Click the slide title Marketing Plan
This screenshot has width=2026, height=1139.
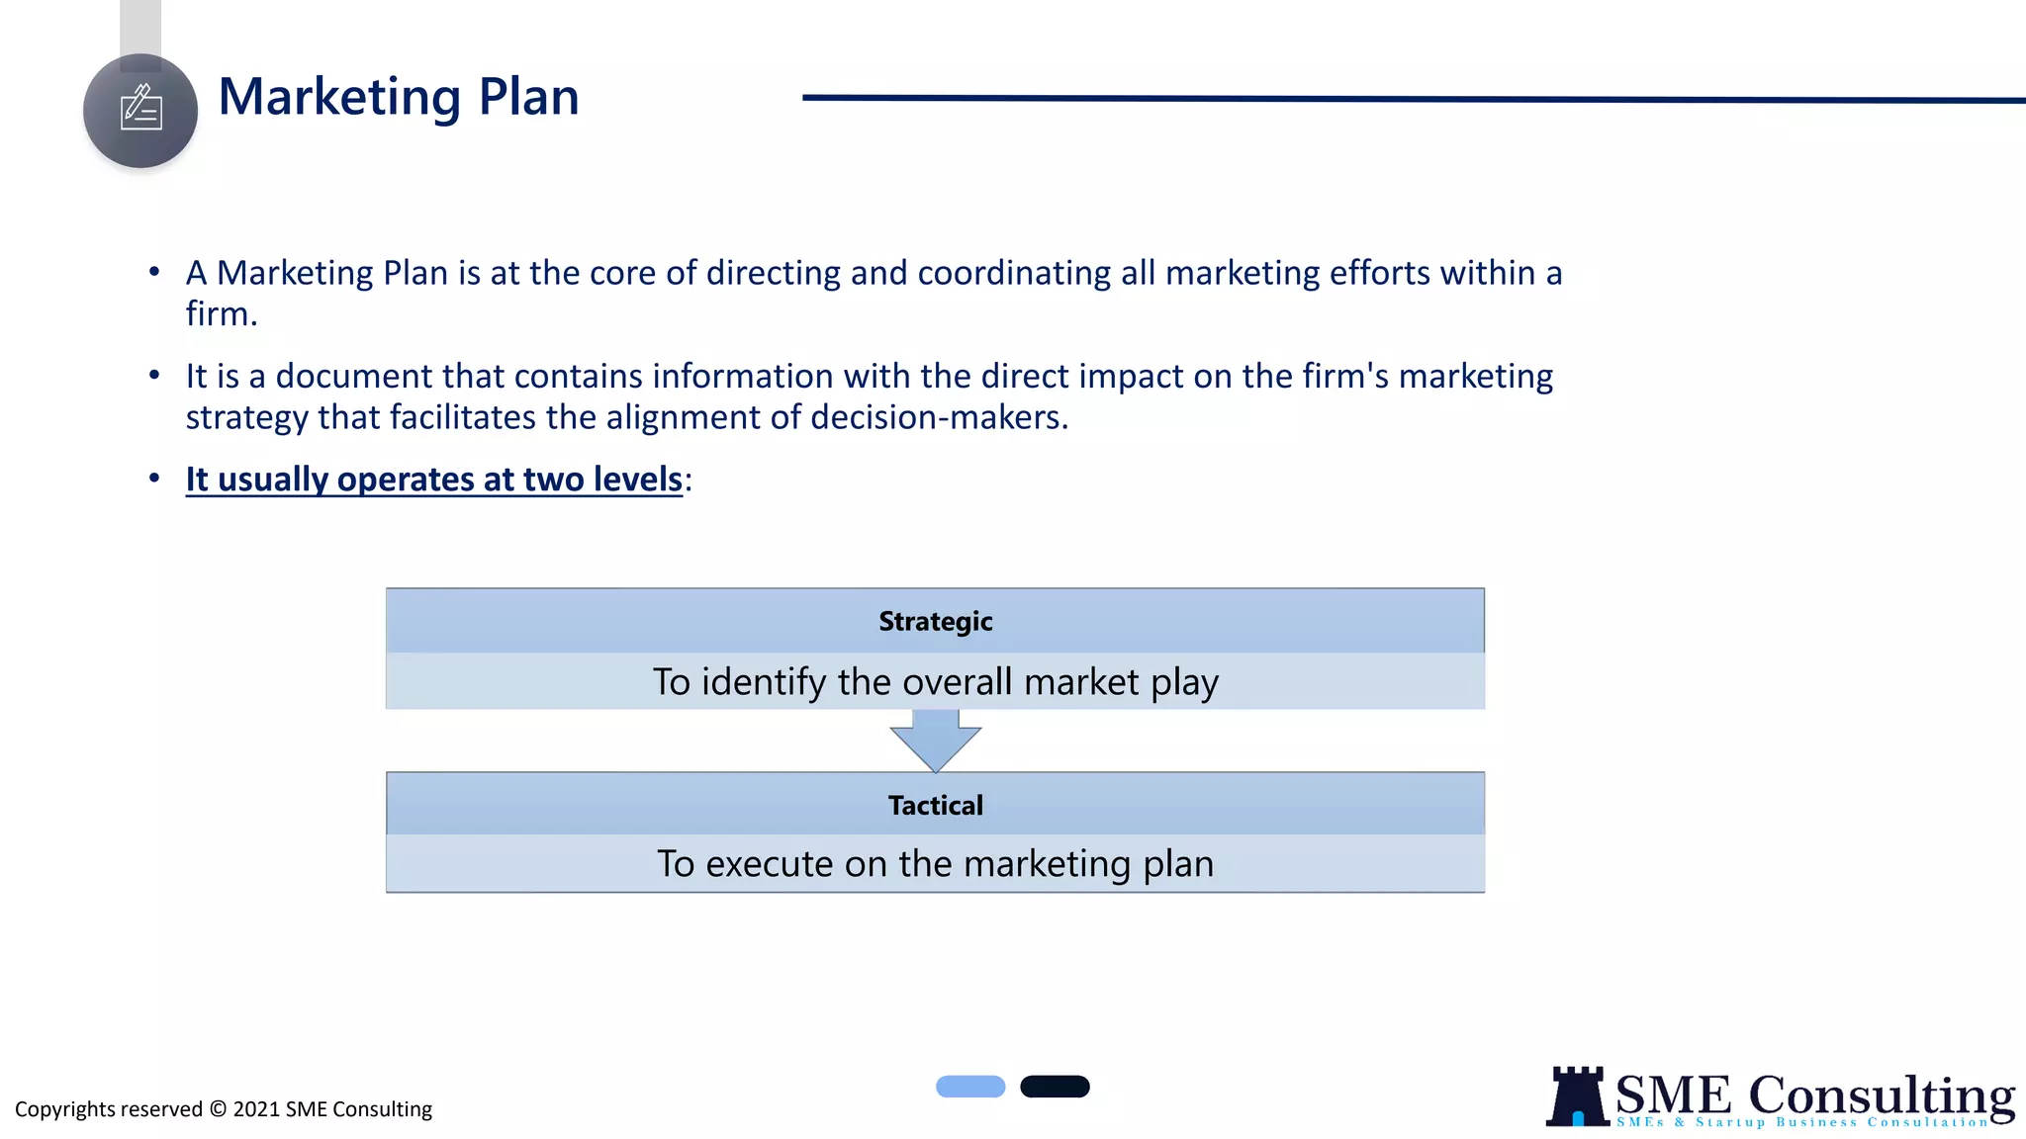point(398,97)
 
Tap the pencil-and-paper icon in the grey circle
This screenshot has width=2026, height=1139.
point(140,109)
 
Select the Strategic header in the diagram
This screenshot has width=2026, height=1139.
point(935,621)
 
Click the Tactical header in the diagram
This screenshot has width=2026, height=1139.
point(935,805)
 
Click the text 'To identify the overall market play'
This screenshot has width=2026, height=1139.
point(935,682)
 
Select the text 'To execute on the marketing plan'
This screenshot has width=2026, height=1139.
point(935,864)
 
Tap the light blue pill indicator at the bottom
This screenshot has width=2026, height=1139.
point(970,1087)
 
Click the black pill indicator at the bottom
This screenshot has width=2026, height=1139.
point(1055,1087)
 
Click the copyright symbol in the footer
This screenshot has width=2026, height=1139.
point(218,1109)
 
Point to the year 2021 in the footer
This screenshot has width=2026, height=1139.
point(256,1109)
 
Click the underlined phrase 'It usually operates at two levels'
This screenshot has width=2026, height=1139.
point(433,480)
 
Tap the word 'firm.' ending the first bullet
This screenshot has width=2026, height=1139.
point(222,314)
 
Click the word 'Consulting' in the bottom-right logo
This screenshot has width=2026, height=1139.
point(1881,1095)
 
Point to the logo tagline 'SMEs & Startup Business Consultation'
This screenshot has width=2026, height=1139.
point(1801,1122)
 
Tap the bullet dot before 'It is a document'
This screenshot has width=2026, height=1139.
point(154,375)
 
